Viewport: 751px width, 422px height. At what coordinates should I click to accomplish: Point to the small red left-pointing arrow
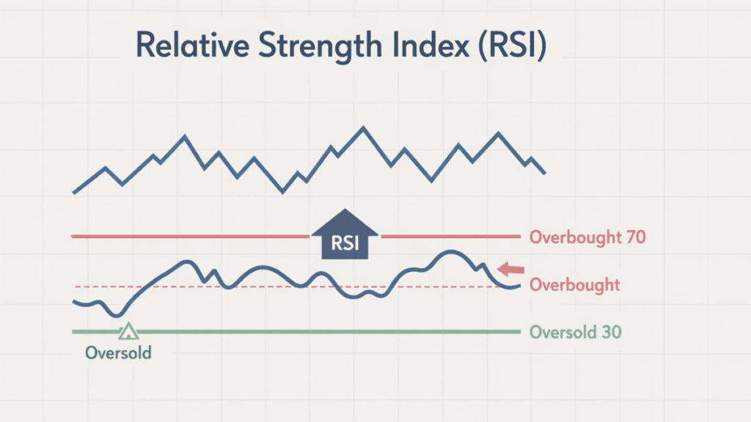511,269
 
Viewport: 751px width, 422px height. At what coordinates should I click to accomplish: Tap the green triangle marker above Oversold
128,330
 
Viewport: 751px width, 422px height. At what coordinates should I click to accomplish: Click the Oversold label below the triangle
118,352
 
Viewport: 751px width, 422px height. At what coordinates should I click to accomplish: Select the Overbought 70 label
587,237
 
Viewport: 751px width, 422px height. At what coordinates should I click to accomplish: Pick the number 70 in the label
634,237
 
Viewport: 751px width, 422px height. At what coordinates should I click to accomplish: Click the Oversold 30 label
575,332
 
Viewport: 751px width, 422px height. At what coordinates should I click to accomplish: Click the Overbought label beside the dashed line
574,285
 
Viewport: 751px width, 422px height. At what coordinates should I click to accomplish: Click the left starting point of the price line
74,193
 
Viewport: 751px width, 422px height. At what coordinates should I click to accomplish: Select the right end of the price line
545,174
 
